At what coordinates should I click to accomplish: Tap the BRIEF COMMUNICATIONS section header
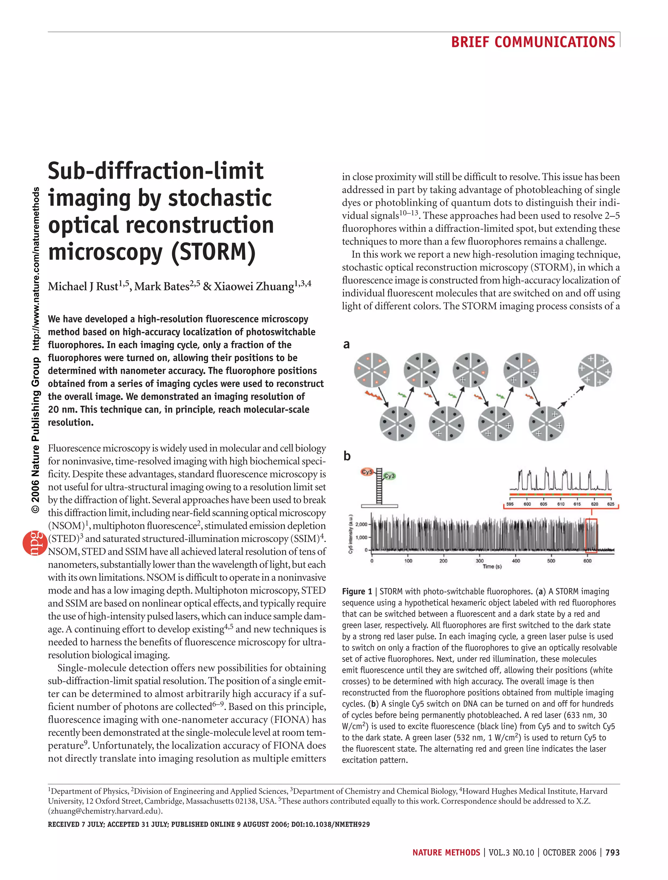point(533,42)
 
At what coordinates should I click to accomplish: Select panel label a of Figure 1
point(346,345)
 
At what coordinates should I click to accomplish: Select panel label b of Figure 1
point(347,456)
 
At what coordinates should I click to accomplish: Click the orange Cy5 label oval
point(367,472)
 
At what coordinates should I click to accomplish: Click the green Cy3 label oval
point(389,476)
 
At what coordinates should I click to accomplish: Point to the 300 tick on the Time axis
point(480,561)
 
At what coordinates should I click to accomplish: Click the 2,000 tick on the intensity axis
point(361,524)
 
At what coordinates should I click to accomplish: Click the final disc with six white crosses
point(595,370)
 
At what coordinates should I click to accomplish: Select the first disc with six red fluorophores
point(372,370)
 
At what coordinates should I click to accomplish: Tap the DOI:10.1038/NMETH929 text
point(330,825)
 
